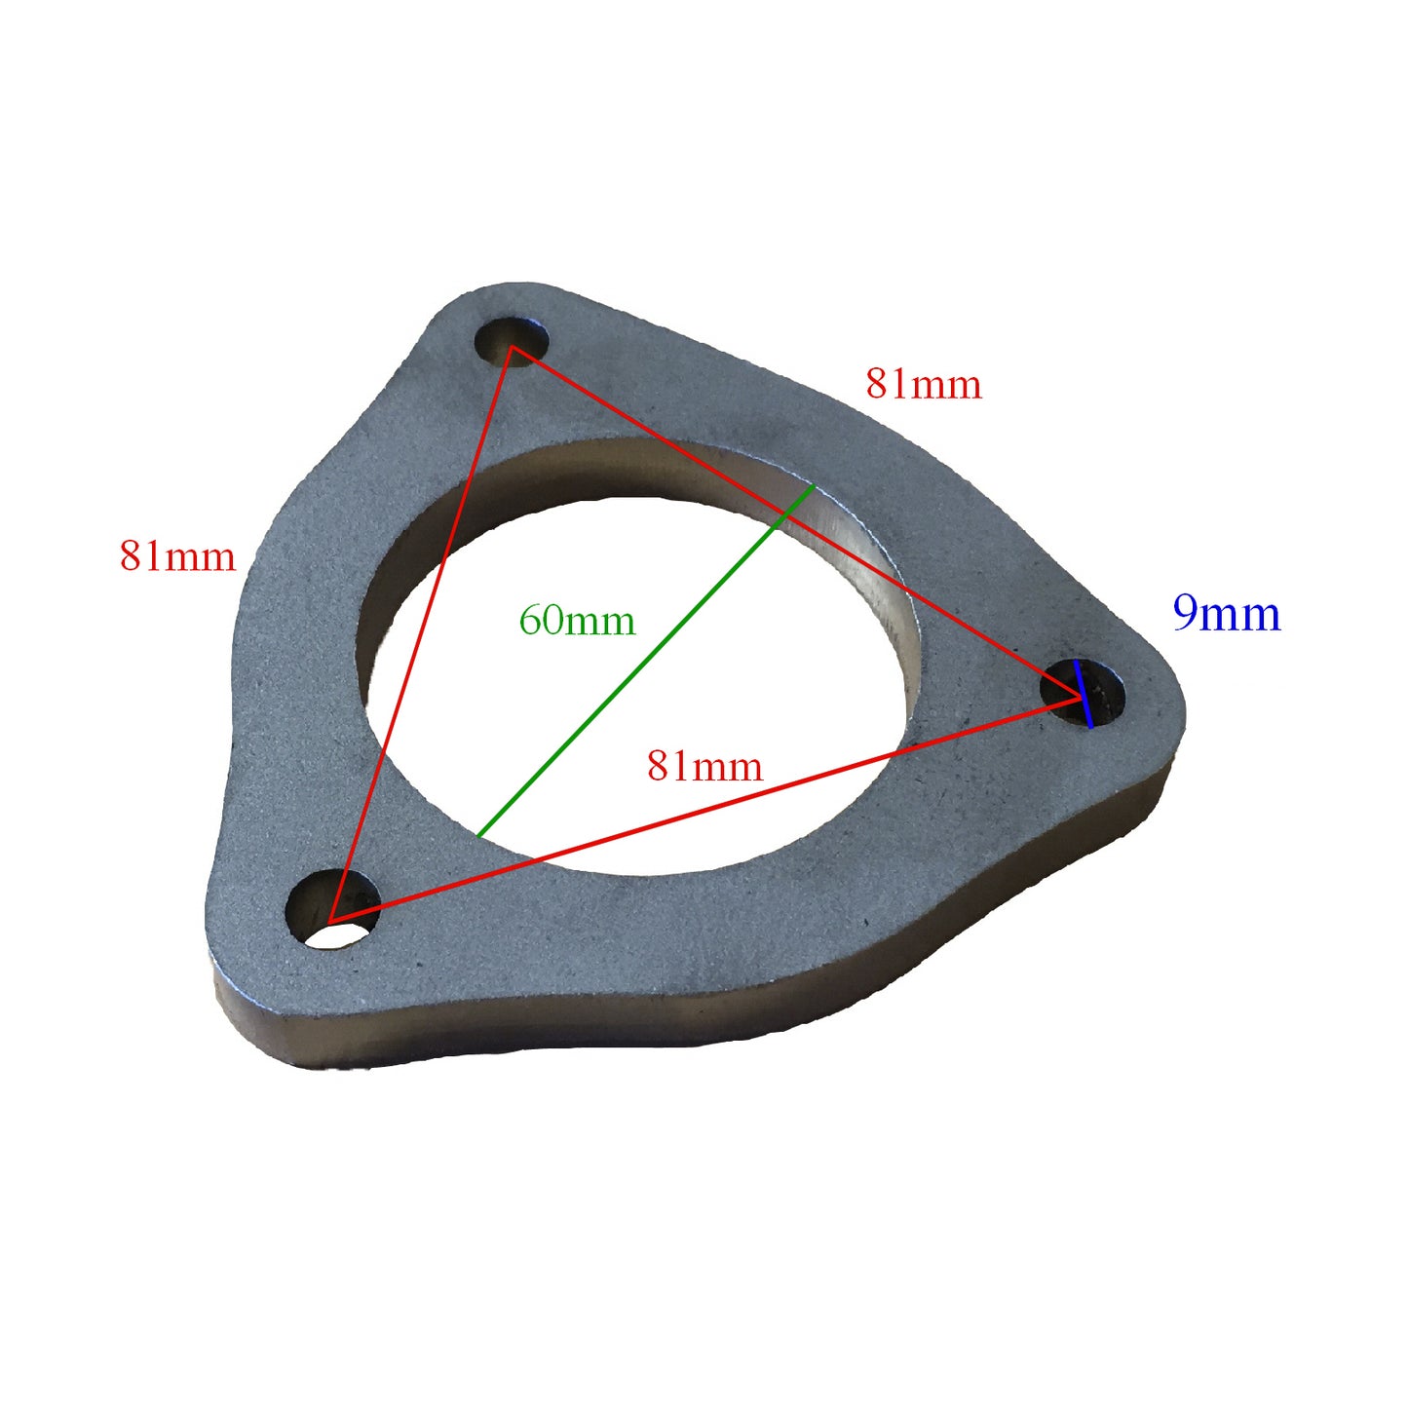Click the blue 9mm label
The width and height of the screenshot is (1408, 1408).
pyautogui.click(x=1226, y=614)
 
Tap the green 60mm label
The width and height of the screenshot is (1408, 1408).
pyautogui.click(x=577, y=621)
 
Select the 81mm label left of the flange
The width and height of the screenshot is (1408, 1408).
pyautogui.click(x=177, y=556)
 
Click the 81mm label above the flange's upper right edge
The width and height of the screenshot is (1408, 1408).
pyautogui.click(x=923, y=384)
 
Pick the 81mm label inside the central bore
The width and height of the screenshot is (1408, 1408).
pyautogui.click(x=704, y=767)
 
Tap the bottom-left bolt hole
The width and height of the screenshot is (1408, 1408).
pyautogui.click(x=332, y=912)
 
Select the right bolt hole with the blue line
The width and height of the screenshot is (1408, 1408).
pyautogui.click(x=1083, y=693)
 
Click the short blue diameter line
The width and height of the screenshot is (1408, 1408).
pyautogui.click(x=1083, y=693)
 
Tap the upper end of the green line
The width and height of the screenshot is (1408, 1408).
pyautogui.click(x=813, y=485)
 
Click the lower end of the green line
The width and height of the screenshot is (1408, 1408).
pyautogui.click(x=478, y=835)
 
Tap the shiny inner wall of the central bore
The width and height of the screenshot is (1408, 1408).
pyautogui.click(x=857, y=546)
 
